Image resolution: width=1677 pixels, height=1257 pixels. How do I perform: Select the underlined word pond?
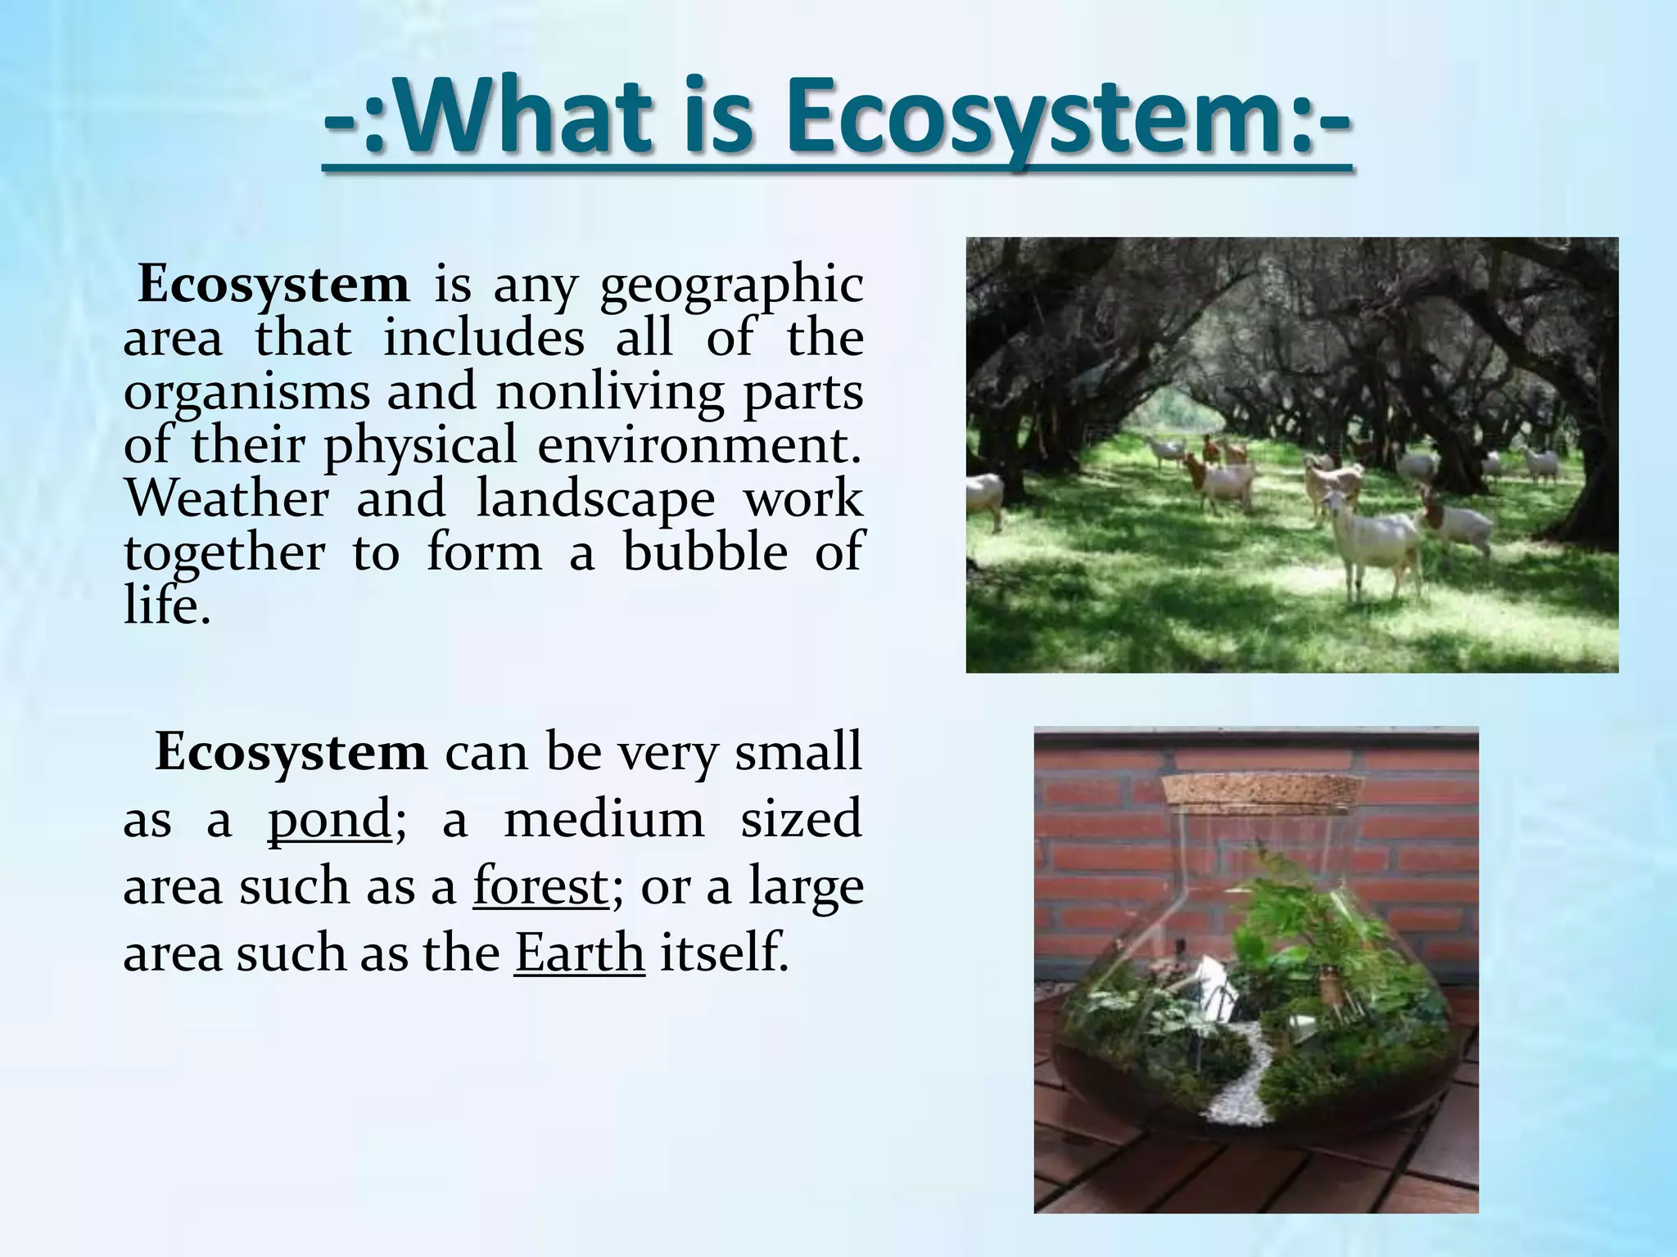(x=329, y=819)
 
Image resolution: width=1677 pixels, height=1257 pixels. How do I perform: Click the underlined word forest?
(x=540, y=886)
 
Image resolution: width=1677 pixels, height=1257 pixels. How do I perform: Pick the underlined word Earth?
(x=580, y=953)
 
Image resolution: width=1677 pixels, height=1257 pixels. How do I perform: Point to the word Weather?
(x=227, y=498)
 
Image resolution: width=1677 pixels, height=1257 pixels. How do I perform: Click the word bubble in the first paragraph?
(x=705, y=552)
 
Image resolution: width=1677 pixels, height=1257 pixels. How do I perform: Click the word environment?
(x=700, y=445)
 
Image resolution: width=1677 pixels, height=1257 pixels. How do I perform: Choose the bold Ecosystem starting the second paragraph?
(x=291, y=751)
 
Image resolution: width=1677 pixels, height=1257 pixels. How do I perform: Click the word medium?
(x=603, y=819)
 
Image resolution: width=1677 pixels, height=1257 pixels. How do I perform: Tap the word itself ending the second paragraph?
(x=724, y=953)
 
